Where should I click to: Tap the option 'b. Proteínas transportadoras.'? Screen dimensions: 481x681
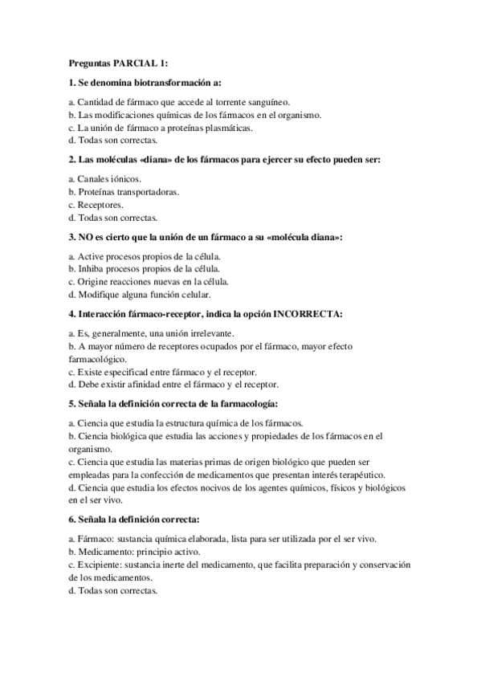point(124,193)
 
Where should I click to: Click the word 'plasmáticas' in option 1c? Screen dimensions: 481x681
point(226,127)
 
